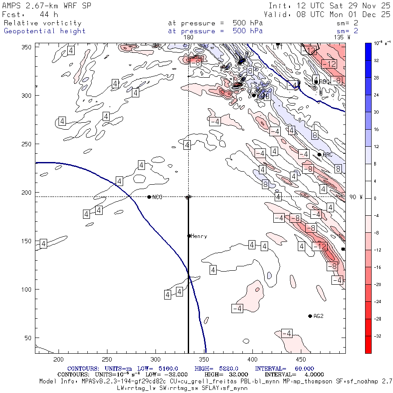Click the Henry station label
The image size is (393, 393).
[x=199, y=236]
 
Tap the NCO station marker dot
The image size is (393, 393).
[x=149, y=197]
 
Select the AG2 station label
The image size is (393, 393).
[x=318, y=316]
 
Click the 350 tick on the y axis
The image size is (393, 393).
[x=28, y=46]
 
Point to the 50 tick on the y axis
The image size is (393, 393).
[x=30, y=338]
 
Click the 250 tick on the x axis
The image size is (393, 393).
[x=107, y=359]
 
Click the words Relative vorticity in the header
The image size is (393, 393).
[x=42, y=23]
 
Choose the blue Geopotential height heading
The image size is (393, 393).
[x=45, y=31]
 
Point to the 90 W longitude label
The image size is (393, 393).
[x=356, y=197]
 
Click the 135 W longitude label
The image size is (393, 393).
[x=341, y=37]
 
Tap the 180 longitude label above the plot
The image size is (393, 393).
[x=189, y=37]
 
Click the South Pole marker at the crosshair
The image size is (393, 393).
[x=188, y=197]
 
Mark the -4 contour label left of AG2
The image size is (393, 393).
[x=237, y=309]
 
